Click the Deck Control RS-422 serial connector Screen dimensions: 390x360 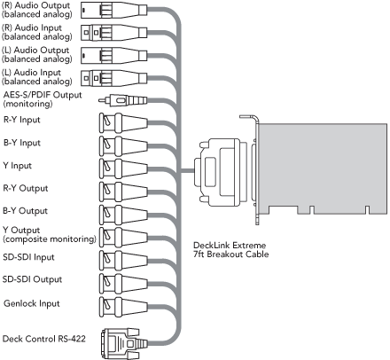124,343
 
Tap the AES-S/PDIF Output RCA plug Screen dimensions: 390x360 122,100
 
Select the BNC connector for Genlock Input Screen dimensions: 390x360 123,307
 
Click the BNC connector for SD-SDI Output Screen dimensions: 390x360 123,284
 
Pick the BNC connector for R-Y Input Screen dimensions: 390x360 123,123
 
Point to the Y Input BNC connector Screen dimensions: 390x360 123,168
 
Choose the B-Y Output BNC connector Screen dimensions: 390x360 123,215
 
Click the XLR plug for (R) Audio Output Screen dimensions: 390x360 113,11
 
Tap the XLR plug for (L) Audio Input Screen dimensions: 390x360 113,78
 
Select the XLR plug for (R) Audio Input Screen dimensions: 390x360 113,33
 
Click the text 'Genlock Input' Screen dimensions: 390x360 32,303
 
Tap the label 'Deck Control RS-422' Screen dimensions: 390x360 44,339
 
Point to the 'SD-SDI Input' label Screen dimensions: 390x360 28,257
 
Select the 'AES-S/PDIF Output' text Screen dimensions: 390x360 43,95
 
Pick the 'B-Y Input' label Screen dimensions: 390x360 22,143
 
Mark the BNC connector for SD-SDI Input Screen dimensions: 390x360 123,261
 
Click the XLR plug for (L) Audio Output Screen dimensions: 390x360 113,55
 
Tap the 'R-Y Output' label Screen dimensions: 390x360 26,188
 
